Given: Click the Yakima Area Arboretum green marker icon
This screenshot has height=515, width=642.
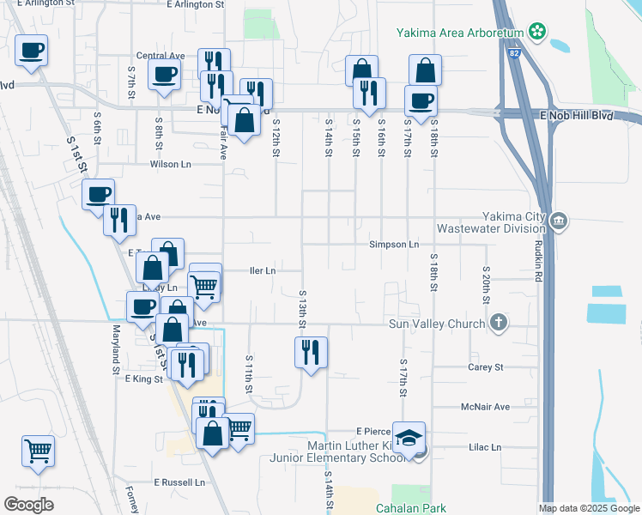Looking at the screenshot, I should pos(537,33).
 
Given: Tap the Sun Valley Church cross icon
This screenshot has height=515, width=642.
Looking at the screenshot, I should pos(498,323).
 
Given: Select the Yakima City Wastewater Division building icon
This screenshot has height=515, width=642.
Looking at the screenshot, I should pos(559,221).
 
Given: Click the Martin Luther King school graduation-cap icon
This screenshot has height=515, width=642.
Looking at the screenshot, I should pos(409,436).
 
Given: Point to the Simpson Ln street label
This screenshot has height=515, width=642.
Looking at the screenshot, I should pos(394,245).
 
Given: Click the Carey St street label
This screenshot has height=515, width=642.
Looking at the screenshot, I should pos(485,367).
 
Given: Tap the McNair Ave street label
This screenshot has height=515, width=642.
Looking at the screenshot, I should pos(485,407).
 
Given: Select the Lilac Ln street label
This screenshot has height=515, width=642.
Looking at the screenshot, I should pos(485,447).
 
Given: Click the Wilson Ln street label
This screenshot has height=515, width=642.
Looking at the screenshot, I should pos(171,164).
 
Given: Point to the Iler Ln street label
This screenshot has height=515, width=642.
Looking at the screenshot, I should pos(262,270).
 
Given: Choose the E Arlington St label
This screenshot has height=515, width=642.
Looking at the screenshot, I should pos(195,4).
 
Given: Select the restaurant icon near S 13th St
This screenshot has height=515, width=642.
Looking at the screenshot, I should pos(311,352).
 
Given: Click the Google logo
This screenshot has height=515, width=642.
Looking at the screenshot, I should pos(28,505).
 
